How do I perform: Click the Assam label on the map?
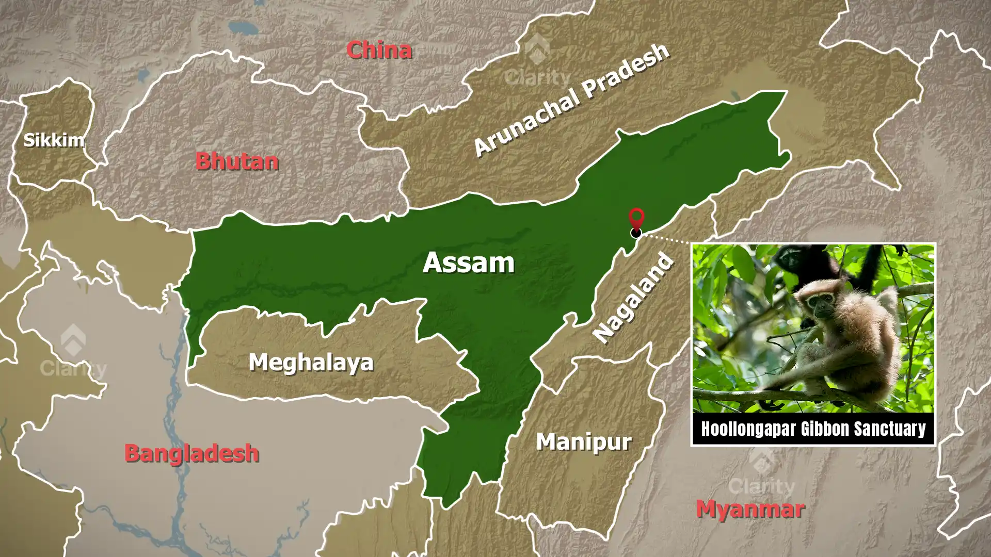pos(468,263)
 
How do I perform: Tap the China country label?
pos(379,50)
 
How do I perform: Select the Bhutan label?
pos(237,161)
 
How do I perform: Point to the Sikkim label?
pos(54,140)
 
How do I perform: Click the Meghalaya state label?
pos(311,362)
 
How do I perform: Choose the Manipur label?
pos(584,442)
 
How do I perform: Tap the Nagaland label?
pos(633,298)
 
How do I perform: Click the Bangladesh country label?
pos(191,453)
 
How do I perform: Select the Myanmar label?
pos(750,510)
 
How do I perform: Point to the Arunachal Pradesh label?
pos(571,100)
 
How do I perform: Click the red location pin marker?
pos(636,218)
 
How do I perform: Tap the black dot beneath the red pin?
pos(636,233)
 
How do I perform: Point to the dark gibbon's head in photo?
pos(790,258)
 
